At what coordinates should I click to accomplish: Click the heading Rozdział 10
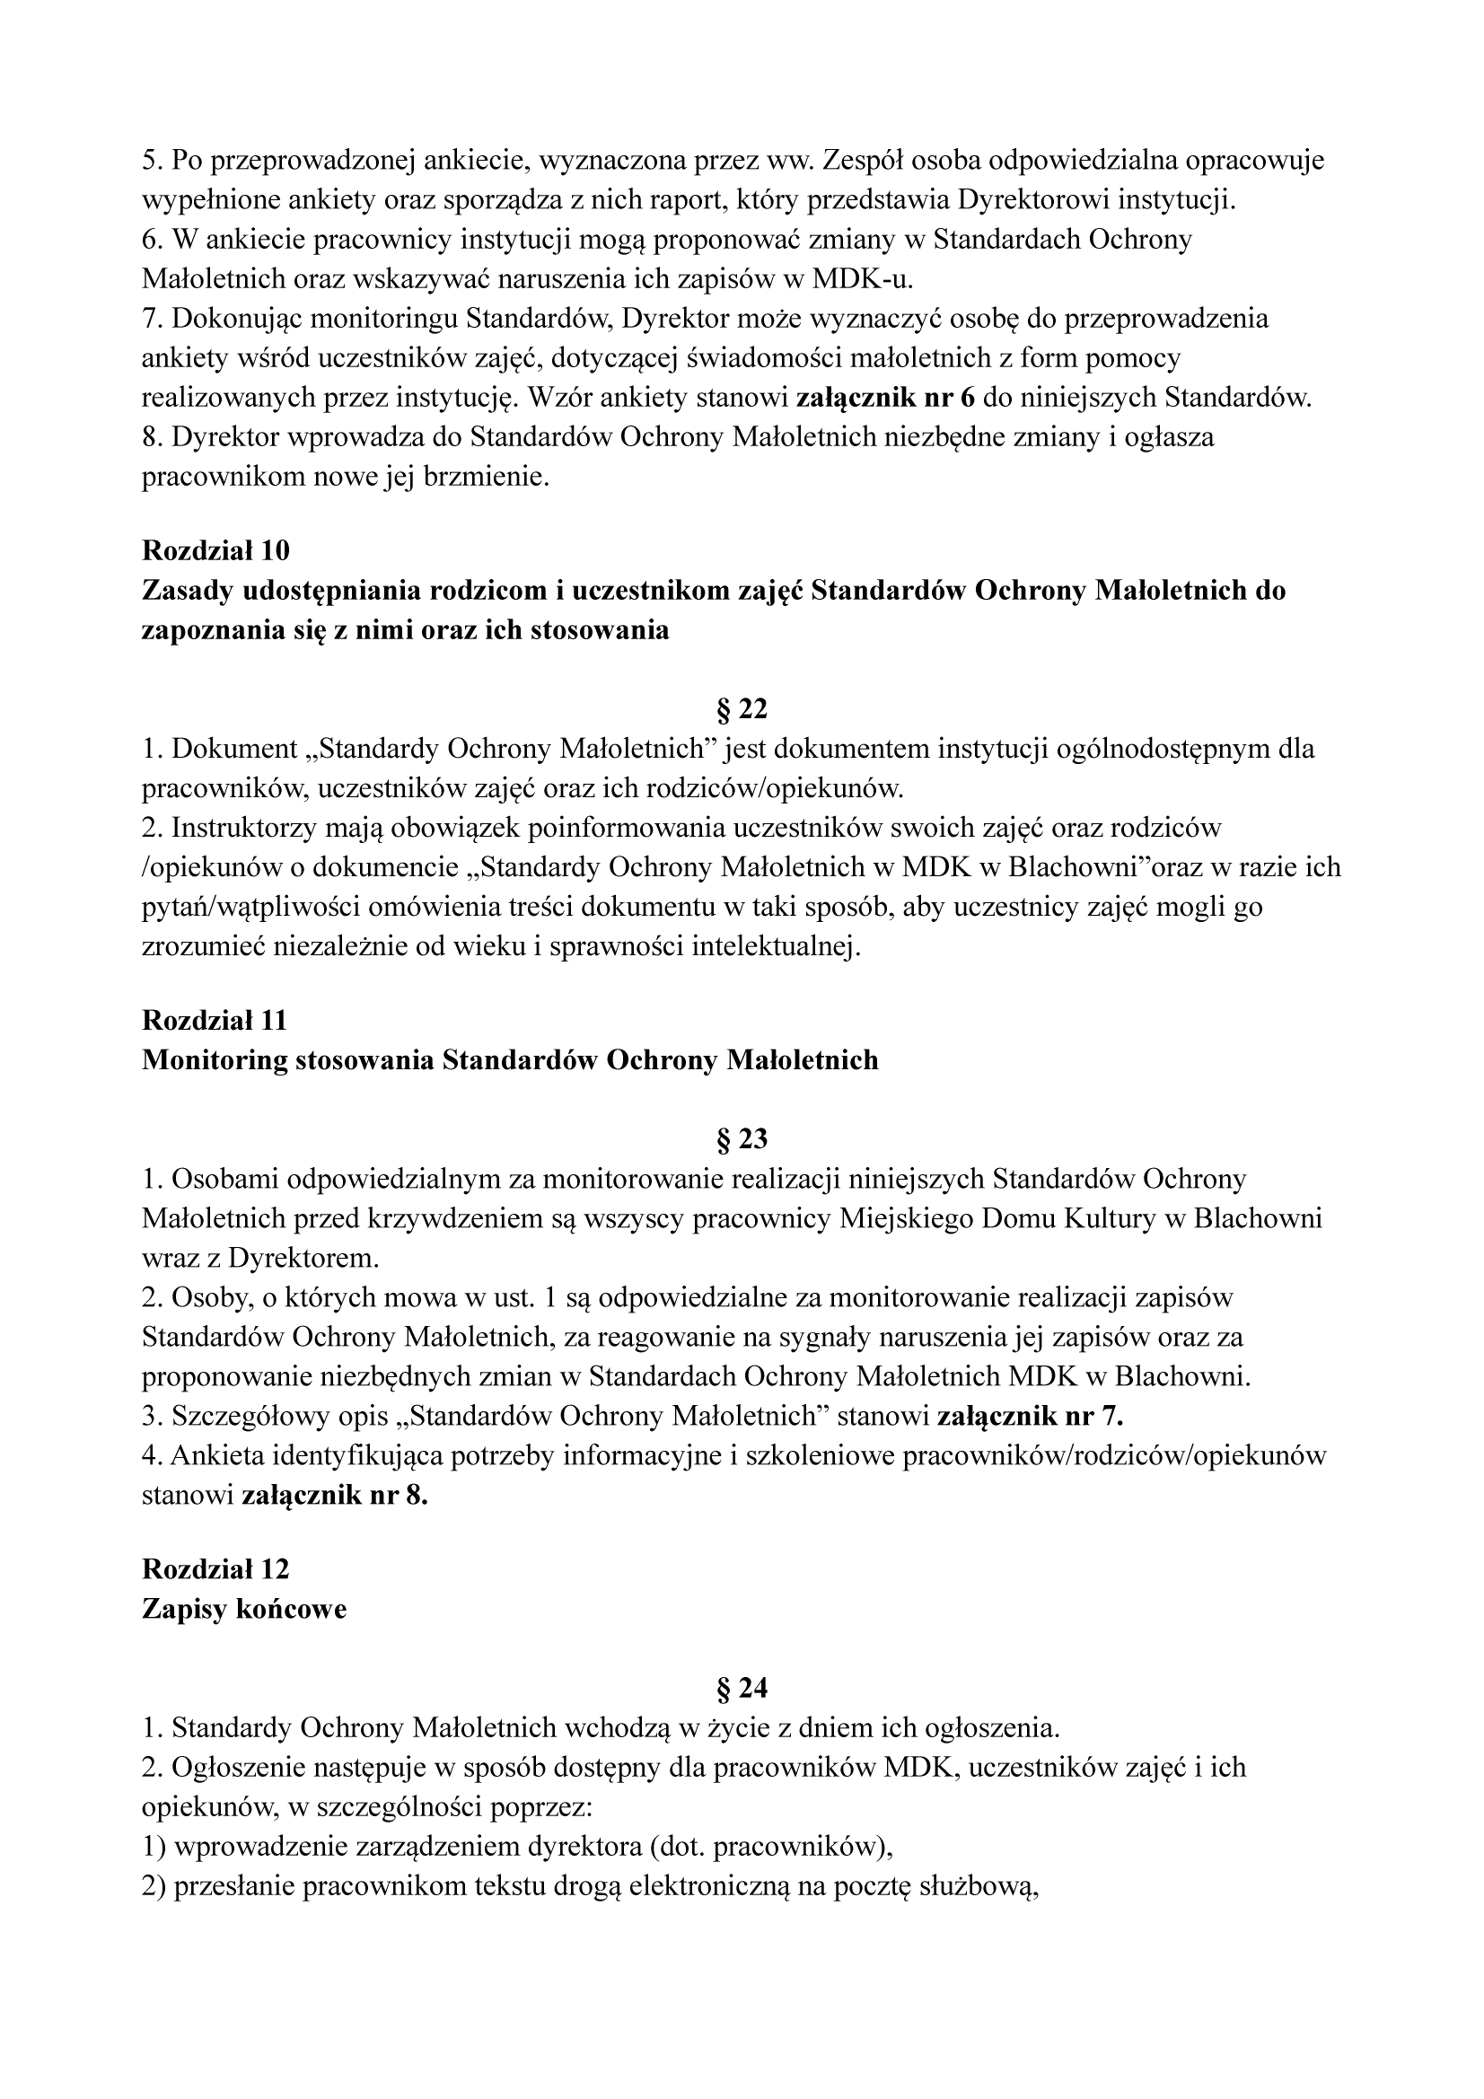pos(215,550)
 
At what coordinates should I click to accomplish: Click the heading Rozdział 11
pos(215,1020)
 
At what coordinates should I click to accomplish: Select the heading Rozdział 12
pos(215,1568)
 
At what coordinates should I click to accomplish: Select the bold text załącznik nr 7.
pos(1031,1416)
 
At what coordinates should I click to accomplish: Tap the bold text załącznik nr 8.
pos(335,1496)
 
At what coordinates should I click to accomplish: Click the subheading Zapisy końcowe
pos(244,1609)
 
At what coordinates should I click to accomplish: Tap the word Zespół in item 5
pos(862,161)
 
